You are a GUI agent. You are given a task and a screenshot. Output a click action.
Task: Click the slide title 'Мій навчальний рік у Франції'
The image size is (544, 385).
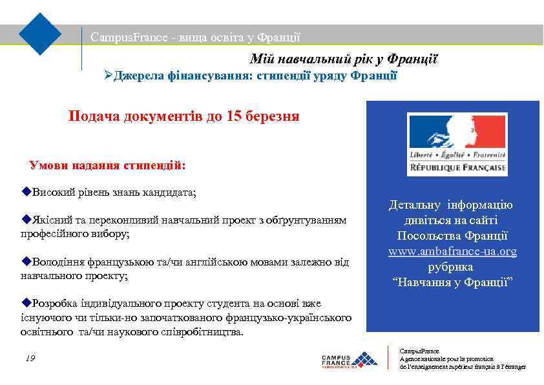pos(344,60)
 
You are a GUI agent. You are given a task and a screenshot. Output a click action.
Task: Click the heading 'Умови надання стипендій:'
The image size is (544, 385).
pos(107,165)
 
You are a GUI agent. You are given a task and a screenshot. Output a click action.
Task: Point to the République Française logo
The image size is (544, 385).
pos(457,144)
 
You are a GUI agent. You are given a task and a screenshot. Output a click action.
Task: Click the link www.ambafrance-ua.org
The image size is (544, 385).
pos(452,251)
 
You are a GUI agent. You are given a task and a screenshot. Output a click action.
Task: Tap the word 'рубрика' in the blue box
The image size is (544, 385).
pos(450,266)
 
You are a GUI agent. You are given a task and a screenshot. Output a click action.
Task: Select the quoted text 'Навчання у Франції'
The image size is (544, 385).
pos(452,282)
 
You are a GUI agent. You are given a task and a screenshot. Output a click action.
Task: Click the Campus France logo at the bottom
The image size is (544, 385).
pos(349,361)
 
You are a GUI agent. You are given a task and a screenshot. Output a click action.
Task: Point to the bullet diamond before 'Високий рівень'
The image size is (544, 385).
pos(26,192)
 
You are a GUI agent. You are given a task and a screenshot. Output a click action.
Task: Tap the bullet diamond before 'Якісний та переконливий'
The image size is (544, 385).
pos(26,220)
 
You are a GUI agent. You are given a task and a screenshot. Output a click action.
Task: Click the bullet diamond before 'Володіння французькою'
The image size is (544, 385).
pos(26,262)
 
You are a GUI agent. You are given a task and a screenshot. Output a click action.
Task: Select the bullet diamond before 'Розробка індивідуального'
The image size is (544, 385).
pos(26,303)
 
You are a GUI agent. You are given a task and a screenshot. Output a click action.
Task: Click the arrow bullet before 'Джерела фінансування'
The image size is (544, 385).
pos(109,76)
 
